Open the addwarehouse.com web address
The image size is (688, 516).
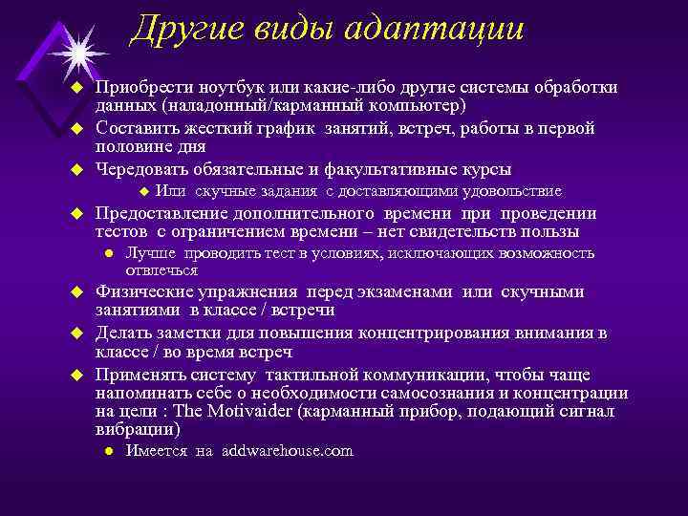tap(287, 451)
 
